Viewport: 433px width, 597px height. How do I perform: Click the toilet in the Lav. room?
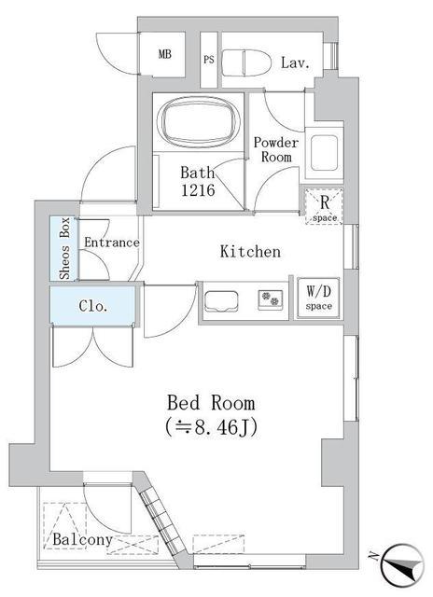(246, 62)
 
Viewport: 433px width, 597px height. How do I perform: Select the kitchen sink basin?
(221, 301)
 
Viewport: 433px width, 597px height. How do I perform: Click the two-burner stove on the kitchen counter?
(271, 298)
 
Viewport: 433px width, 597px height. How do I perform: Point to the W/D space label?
(319, 298)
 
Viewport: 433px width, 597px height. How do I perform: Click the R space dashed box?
(324, 206)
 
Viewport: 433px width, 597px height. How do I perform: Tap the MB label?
(165, 54)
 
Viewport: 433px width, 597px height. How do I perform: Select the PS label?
(209, 60)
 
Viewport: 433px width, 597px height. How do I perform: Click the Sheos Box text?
(64, 248)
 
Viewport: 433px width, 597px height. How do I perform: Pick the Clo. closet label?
(93, 306)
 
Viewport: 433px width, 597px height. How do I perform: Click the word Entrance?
(112, 243)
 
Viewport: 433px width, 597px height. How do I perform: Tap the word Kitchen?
(251, 252)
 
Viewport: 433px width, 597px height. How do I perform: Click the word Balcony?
(83, 539)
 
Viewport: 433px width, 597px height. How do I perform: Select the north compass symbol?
(402, 563)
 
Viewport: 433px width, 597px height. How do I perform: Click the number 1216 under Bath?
(198, 190)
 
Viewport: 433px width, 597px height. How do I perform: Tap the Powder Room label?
(276, 149)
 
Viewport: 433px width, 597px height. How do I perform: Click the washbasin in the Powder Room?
(325, 153)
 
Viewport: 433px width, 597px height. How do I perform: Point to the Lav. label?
(295, 62)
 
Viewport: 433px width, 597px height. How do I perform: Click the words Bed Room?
(211, 403)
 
